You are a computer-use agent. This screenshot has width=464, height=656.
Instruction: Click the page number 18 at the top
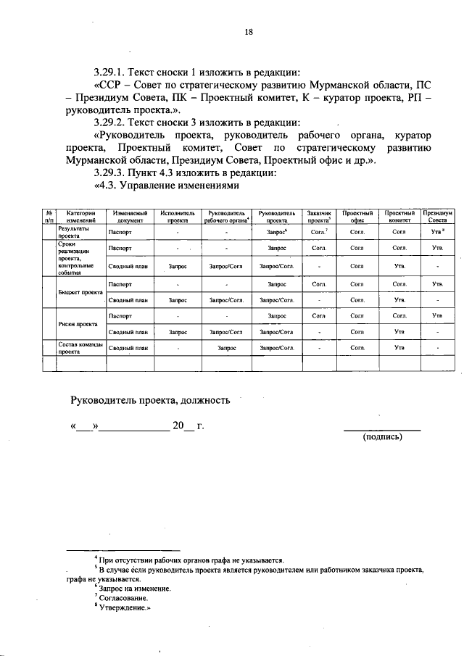[x=248, y=31]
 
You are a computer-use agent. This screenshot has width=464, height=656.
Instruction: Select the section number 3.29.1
[x=113, y=72]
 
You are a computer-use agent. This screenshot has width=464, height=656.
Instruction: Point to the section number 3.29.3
[x=113, y=173]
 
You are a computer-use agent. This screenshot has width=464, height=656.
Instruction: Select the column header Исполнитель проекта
[x=178, y=216]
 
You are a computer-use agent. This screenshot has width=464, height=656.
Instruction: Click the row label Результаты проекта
[x=73, y=232]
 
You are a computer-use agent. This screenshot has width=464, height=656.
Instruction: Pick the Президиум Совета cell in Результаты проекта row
[x=437, y=232]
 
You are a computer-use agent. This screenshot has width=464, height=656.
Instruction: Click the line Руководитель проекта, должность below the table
[x=150, y=399]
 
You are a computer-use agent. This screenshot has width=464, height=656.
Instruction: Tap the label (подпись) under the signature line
[x=382, y=436]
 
